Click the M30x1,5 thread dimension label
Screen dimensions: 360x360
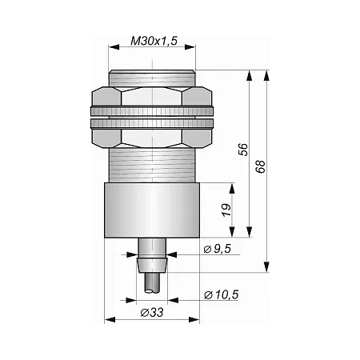pos(154,41)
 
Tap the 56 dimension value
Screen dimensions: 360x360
pos(243,150)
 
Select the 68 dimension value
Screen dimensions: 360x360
pos(261,166)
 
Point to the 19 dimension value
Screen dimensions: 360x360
pos(226,210)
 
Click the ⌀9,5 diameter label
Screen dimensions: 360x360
pos(217,249)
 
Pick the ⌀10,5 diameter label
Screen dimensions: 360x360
pos(221,294)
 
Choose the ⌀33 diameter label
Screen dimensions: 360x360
pos(152,312)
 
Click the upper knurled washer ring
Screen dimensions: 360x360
pos(152,111)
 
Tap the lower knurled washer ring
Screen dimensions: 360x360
pos(152,123)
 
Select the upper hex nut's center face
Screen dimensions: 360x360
pos(152,96)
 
